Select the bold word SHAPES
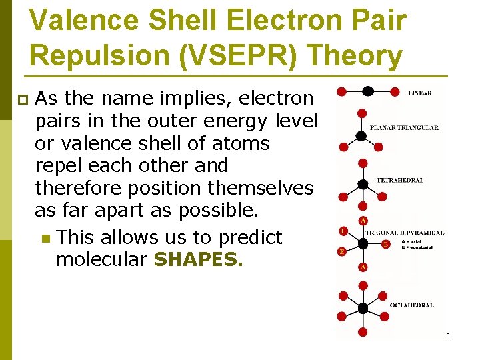click(x=198, y=259)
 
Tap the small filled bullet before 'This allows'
click(x=45, y=238)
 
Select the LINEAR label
click(x=419, y=93)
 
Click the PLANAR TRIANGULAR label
click(x=403, y=127)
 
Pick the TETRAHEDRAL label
click(x=399, y=180)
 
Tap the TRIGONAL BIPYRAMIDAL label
click(x=404, y=233)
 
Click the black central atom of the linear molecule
click(x=367, y=91)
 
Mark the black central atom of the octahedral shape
click(x=363, y=308)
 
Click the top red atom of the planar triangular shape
click(x=362, y=113)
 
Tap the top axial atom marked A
click(x=363, y=221)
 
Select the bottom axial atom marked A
click(x=363, y=267)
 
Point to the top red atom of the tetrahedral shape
click(x=363, y=163)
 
